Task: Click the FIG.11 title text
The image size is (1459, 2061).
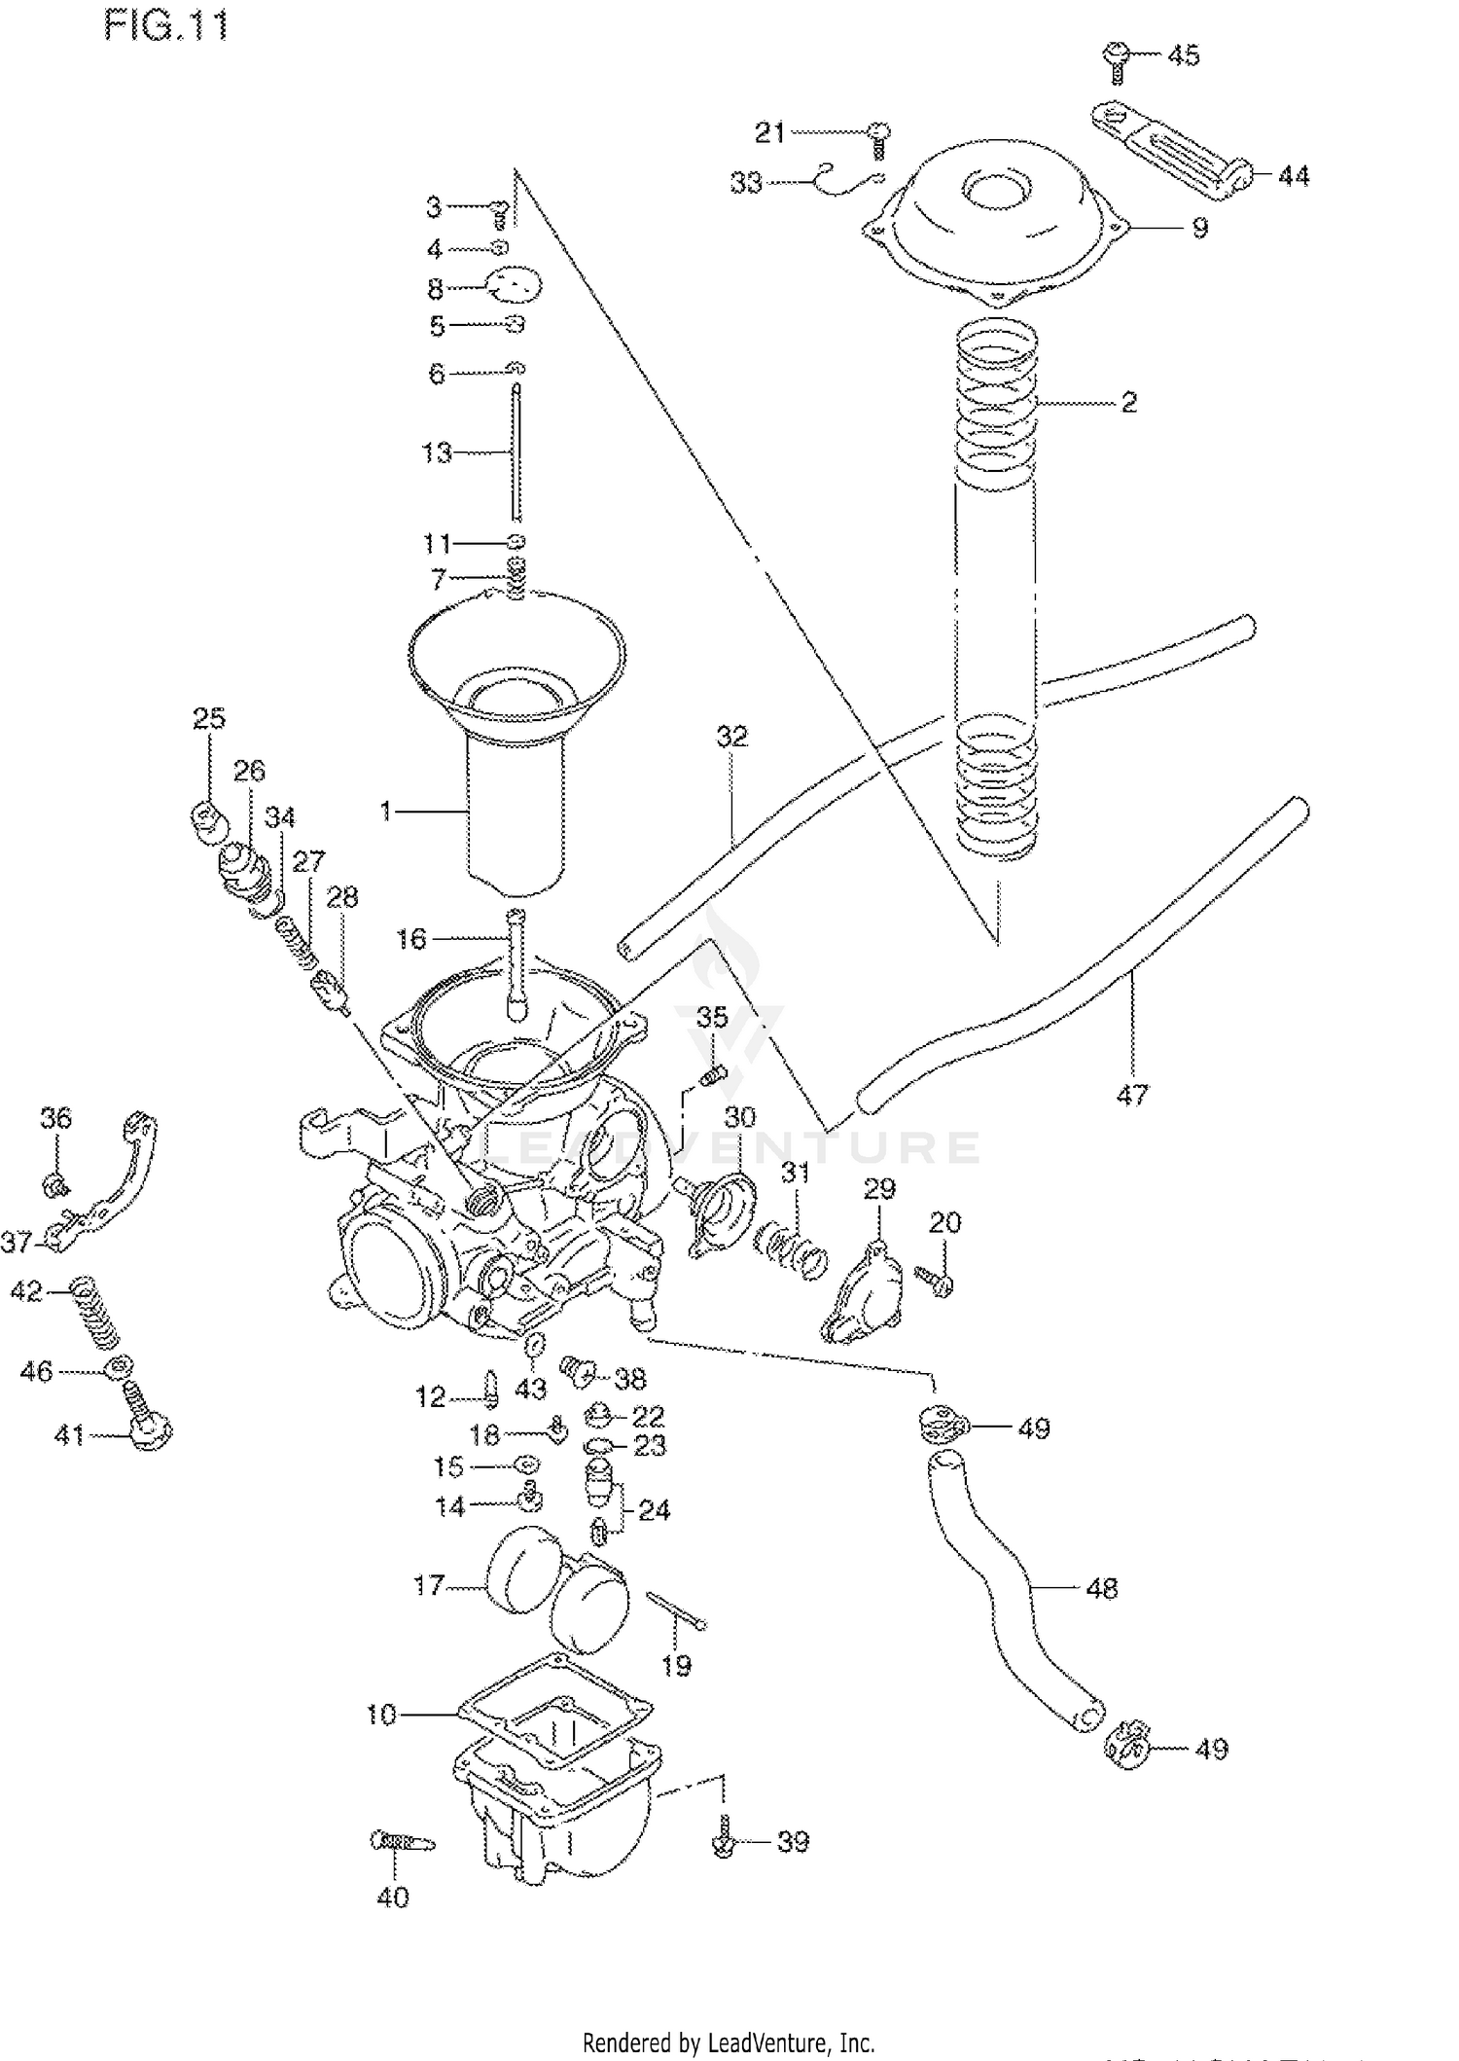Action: pos(166,25)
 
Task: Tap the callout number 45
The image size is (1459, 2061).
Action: pos(1183,56)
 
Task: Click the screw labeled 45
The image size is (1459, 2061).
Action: pos(1117,58)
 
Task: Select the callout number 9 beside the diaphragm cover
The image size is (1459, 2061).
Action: pos(1199,228)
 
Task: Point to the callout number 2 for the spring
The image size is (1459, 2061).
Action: pos(1128,402)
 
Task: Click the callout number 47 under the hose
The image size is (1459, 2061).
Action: pos(1132,1095)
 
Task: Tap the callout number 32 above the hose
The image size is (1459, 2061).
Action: pos(732,737)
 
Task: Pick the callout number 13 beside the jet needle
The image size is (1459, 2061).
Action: pos(436,452)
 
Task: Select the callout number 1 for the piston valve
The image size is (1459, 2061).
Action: pos(385,810)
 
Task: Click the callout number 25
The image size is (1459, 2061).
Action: pos(208,718)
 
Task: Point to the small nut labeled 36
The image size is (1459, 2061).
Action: pos(55,1185)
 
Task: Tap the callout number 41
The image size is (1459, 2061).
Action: pos(68,1435)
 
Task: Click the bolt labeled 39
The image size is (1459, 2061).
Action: pos(724,1843)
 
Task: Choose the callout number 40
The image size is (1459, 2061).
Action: pos(393,1897)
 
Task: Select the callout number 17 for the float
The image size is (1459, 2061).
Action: pos(428,1585)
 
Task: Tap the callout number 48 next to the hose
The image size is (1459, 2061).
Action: pos(1101,1588)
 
